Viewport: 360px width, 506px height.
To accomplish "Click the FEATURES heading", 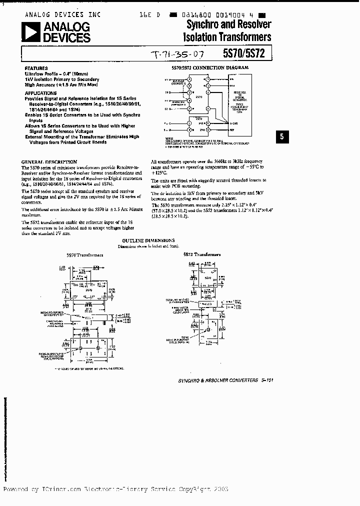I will (36, 68).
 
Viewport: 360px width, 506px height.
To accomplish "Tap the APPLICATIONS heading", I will (41, 93).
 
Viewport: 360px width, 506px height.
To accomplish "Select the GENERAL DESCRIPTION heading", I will (49, 162).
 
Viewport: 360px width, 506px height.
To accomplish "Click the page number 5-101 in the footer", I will (267, 380).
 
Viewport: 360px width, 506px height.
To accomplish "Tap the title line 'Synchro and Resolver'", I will (229, 24).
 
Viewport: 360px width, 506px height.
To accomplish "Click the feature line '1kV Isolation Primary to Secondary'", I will (61, 80).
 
